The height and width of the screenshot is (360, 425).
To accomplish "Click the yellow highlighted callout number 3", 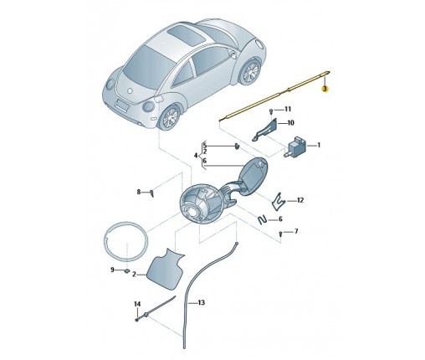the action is pos(325,89).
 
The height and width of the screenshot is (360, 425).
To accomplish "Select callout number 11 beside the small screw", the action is pos(287,109).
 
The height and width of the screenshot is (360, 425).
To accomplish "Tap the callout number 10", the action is pos(290,123).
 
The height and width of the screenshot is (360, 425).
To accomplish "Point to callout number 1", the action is pos(319,145).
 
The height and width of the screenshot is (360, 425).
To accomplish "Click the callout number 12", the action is pos(300,200).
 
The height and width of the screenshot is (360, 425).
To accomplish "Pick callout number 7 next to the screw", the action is pos(296,231).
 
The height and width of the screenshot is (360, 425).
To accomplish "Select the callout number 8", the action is pos(139,192).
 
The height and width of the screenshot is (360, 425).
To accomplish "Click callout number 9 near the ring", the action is pos(112,270).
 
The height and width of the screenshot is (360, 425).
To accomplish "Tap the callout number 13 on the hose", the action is pos(201,302).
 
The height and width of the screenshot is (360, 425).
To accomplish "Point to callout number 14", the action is pos(137,304).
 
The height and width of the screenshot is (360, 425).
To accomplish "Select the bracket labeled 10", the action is pos(266,130).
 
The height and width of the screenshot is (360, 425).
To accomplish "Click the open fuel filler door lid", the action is pos(253,174).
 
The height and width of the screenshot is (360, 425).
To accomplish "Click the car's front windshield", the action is pos(148,67).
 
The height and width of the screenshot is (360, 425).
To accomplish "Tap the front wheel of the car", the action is pos(170,117).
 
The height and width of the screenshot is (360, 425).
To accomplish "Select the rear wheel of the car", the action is pos(250,71).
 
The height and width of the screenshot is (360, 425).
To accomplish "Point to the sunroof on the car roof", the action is pos(186,34).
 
